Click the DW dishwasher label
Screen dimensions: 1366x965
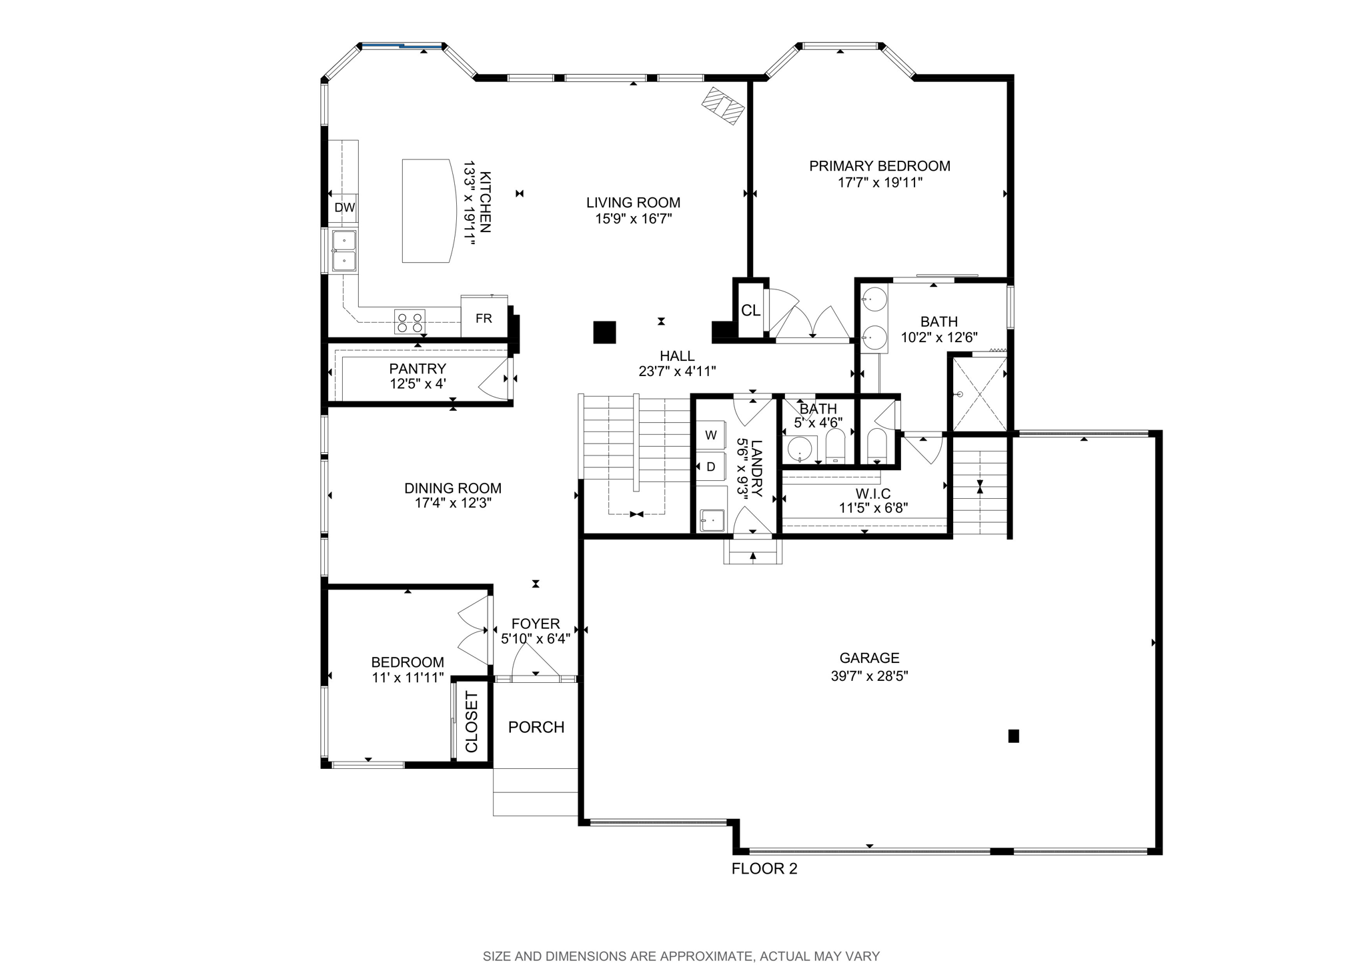(x=345, y=207)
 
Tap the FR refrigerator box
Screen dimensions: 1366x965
(x=484, y=317)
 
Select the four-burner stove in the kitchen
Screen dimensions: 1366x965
(x=410, y=321)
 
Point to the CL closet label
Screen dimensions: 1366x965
(x=751, y=310)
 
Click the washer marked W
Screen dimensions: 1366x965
(x=711, y=435)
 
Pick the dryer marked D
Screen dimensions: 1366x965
(x=711, y=467)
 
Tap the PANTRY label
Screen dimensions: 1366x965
(x=418, y=369)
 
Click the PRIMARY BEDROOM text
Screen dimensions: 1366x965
(x=880, y=166)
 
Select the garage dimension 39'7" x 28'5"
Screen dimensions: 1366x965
(x=870, y=676)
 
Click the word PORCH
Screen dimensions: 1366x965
(x=536, y=727)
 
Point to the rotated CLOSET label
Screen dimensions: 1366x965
(x=472, y=722)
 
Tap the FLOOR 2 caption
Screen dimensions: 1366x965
(x=764, y=868)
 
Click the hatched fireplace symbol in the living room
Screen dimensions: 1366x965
(x=723, y=106)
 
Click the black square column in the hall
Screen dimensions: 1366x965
(x=604, y=332)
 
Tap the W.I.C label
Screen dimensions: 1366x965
(x=873, y=494)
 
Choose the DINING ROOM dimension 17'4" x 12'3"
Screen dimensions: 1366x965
(x=453, y=503)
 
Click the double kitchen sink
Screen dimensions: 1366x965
(x=344, y=251)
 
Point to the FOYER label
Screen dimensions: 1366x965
(x=536, y=624)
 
